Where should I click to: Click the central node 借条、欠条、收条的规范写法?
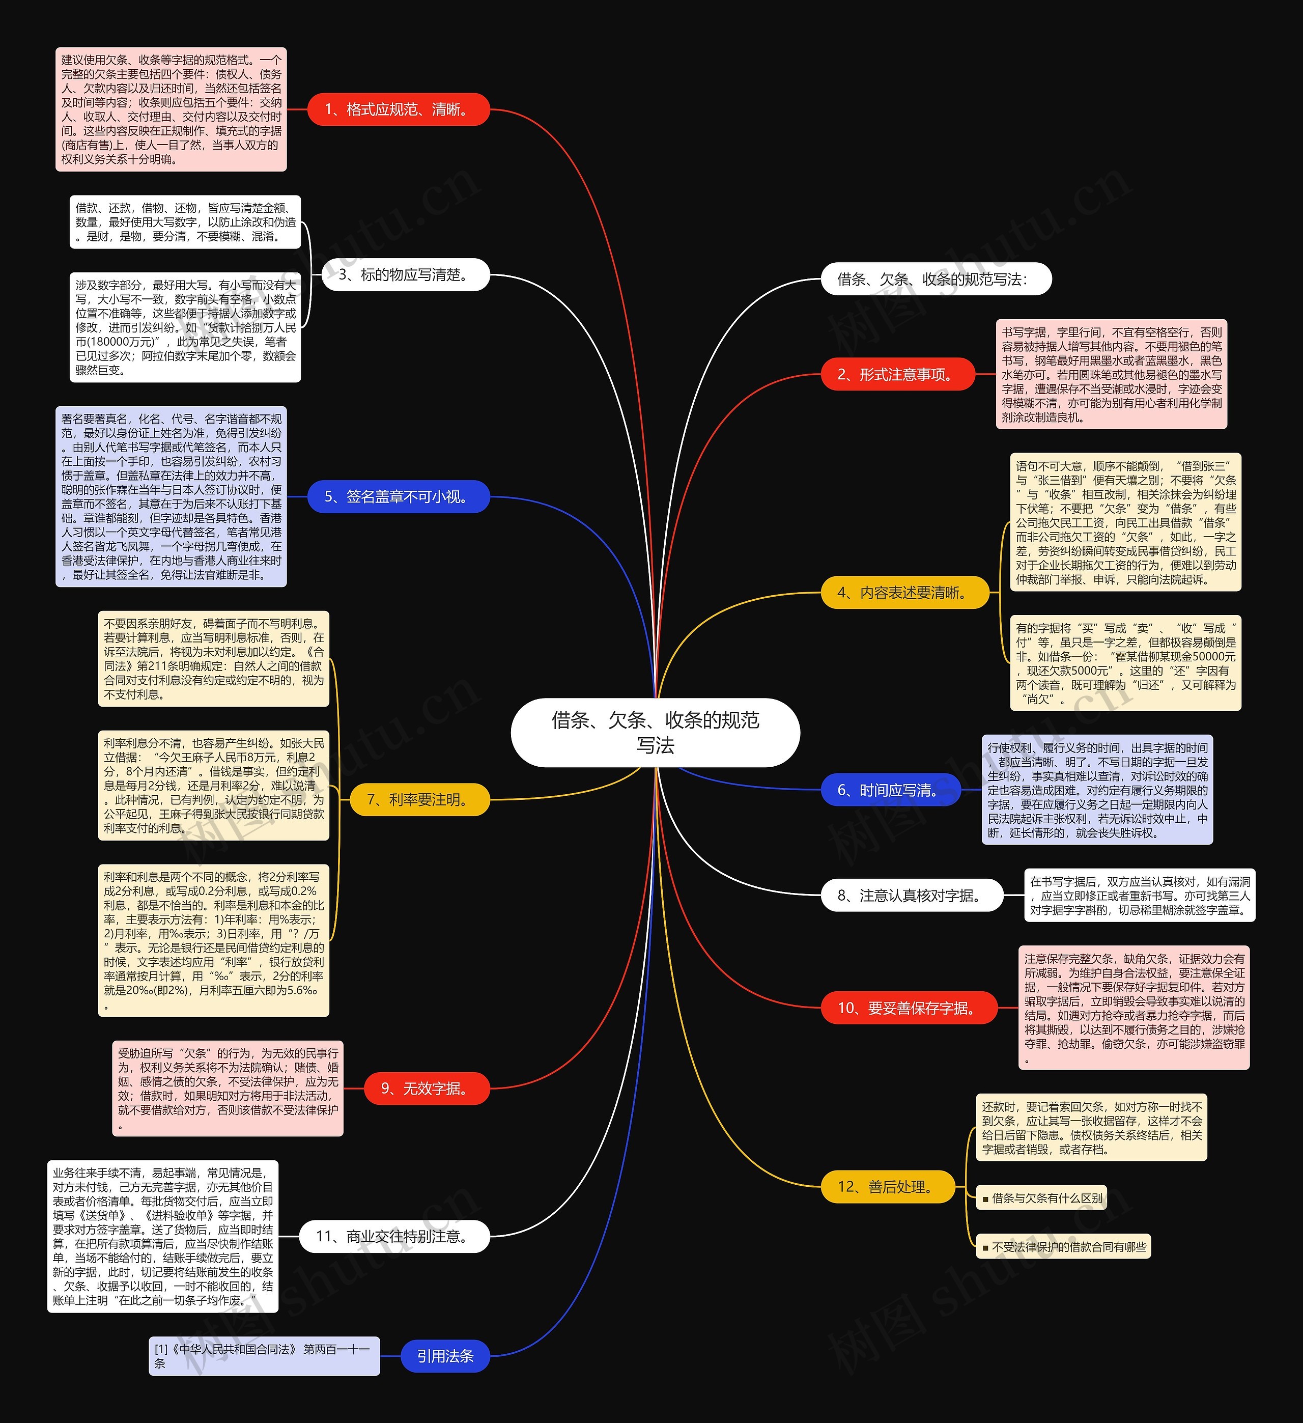click(x=655, y=732)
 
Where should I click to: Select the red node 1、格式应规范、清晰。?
click(x=398, y=109)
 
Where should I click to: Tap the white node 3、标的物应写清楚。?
click(x=405, y=274)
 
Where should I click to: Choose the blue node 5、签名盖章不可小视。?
click(x=398, y=497)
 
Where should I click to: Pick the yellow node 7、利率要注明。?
click(x=419, y=800)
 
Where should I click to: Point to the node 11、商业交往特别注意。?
click(x=393, y=1236)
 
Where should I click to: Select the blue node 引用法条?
click(x=445, y=1356)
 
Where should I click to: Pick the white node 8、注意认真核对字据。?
click(x=911, y=896)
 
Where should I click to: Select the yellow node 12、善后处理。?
click(x=887, y=1187)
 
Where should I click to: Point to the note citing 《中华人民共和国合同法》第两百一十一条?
click(x=264, y=1356)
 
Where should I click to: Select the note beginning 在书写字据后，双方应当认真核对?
click(x=1139, y=896)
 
